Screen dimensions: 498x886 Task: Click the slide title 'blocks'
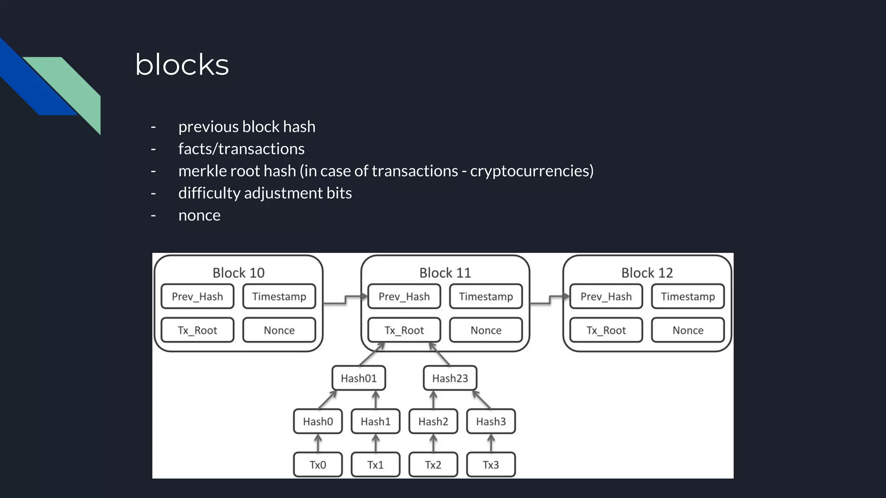pyautogui.click(x=182, y=65)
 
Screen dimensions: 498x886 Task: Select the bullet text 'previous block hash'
pyautogui.click(x=247, y=127)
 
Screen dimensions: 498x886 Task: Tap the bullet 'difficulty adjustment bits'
pyautogui.click(x=265, y=193)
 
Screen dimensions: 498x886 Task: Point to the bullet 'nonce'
pyautogui.click(x=199, y=215)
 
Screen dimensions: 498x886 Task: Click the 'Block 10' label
pyautogui.click(x=238, y=273)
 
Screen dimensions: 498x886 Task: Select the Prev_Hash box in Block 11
pyautogui.click(x=404, y=297)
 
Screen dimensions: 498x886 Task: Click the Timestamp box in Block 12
pyautogui.click(x=688, y=297)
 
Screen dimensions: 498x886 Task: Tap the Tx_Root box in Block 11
pyautogui.click(x=404, y=330)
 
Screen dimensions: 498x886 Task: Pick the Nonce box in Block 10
pyautogui.click(x=279, y=330)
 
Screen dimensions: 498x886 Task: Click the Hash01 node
pyautogui.click(x=359, y=378)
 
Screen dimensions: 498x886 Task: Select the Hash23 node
pyautogui.click(x=450, y=378)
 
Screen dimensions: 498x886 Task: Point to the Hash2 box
pyautogui.click(x=433, y=421)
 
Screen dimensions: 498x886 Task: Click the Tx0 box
pyautogui.click(x=318, y=465)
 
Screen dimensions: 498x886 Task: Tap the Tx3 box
pyautogui.click(x=491, y=465)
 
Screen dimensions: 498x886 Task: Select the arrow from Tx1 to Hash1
pyautogui.click(x=376, y=443)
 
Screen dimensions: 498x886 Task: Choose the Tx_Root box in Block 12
pyautogui.click(x=606, y=330)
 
